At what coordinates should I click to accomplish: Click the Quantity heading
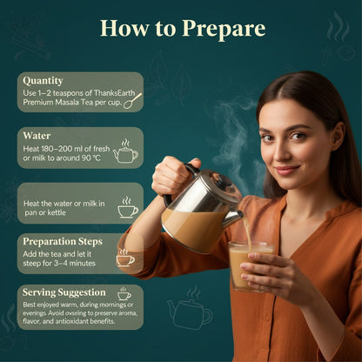[43, 81]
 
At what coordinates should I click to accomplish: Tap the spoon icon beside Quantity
[133, 100]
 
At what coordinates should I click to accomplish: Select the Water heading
[37, 137]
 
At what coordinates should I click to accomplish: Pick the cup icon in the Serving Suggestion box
[124, 293]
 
